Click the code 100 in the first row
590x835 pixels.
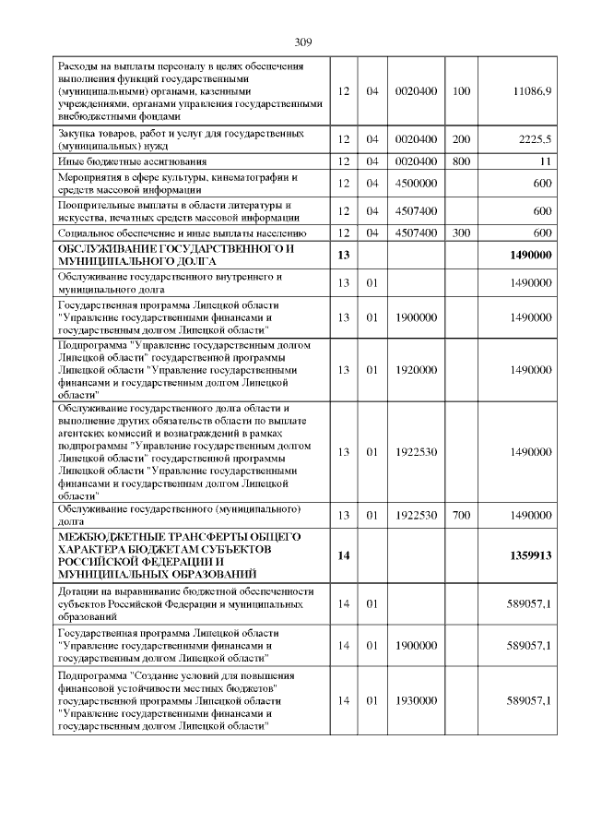pyautogui.click(x=462, y=92)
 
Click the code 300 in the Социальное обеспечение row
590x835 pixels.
pyautogui.click(x=462, y=233)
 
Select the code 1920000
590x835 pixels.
pyautogui.click(x=415, y=369)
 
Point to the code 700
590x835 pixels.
pyautogui.click(x=462, y=515)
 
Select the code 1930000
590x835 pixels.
pyautogui.click(x=415, y=700)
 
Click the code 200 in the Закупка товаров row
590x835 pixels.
pyautogui.click(x=462, y=139)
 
